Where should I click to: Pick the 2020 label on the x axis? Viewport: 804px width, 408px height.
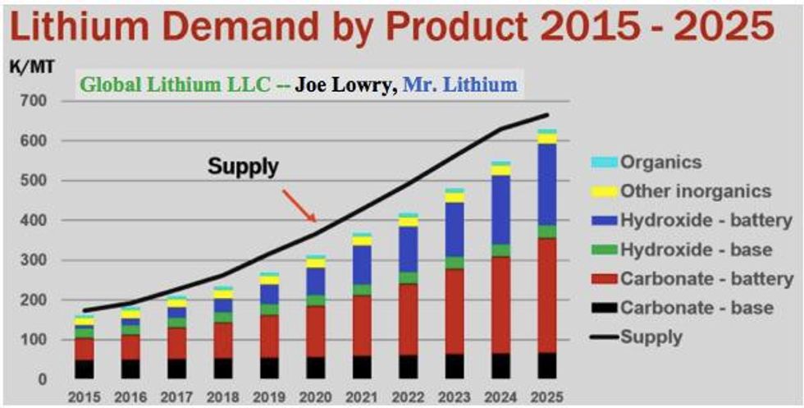[x=314, y=397]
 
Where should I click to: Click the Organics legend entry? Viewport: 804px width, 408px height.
[x=660, y=163]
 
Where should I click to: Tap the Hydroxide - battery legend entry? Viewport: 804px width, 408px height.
[x=706, y=221]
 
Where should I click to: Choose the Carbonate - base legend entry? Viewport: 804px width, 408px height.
[x=697, y=309]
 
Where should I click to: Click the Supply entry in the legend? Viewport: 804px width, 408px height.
[x=651, y=337]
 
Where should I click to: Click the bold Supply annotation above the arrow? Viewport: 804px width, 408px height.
[x=243, y=167]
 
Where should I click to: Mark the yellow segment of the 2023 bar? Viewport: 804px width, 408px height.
[x=454, y=198]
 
